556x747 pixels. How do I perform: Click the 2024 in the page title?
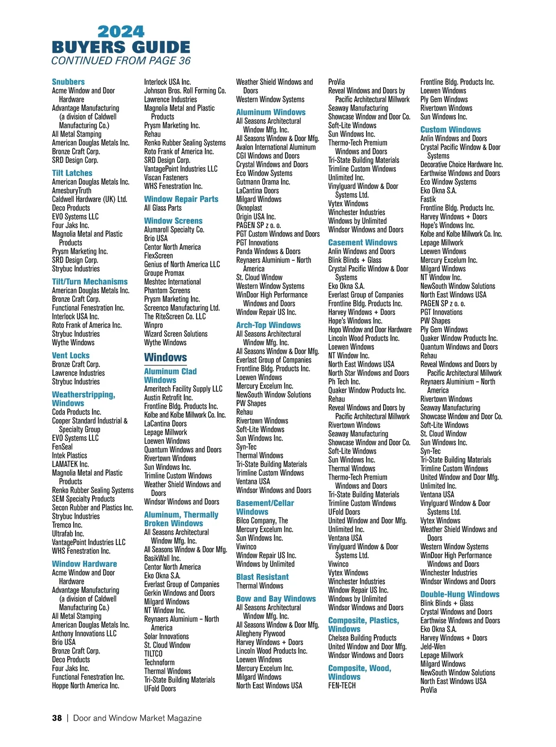click(x=121, y=31)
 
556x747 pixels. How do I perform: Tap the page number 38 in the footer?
click(x=57, y=718)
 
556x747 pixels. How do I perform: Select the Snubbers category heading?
click(x=68, y=82)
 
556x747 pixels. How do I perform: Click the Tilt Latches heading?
click(x=72, y=173)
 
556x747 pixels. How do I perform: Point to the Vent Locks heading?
click(x=70, y=355)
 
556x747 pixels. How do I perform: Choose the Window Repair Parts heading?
click(x=181, y=199)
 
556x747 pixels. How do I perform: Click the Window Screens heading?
click(x=173, y=221)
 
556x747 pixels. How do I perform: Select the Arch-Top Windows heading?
click(x=268, y=325)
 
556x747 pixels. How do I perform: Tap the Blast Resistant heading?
click(x=262, y=577)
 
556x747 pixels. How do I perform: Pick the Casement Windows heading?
click(x=362, y=243)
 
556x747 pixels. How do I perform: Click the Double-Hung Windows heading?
click(x=460, y=594)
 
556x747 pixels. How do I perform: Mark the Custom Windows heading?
click(x=450, y=130)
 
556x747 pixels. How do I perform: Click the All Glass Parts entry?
click(x=163, y=208)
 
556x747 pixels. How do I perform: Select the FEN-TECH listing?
click(x=342, y=685)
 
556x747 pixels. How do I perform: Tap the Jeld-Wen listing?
click(x=433, y=647)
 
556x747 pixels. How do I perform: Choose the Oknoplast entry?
click(x=249, y=208)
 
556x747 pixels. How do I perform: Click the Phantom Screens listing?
click(x=167, y=290)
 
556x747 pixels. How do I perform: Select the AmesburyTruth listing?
click(x=71, y=190)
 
